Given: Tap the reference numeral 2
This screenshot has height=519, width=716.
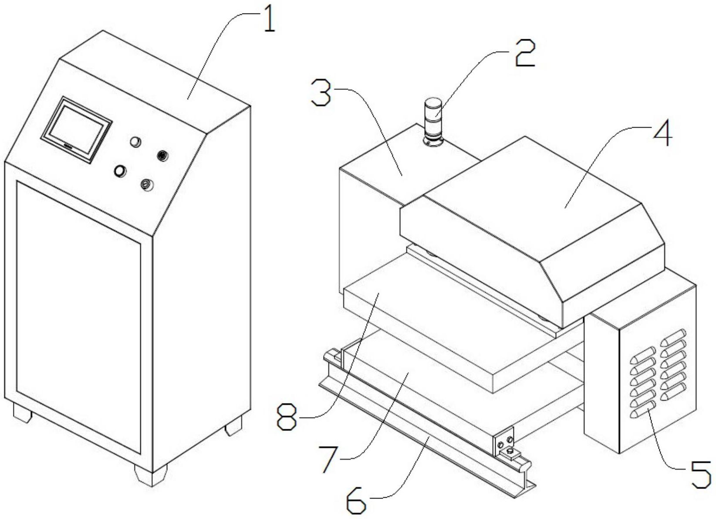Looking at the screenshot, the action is [x=525, y=53].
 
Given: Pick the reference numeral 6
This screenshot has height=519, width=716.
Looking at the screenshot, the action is [x=357, y=502].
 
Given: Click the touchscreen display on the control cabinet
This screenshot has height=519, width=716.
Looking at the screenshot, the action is [x=77, y=130].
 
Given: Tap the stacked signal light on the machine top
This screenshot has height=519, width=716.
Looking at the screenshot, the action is [x=433, y=123].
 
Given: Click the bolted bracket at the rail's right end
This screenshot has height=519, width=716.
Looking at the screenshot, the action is [x=506, y=442].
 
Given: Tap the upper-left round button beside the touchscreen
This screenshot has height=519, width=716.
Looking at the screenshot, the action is [x=136, y=142].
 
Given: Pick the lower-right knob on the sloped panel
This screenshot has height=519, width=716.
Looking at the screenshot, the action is [x=147, y=185].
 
